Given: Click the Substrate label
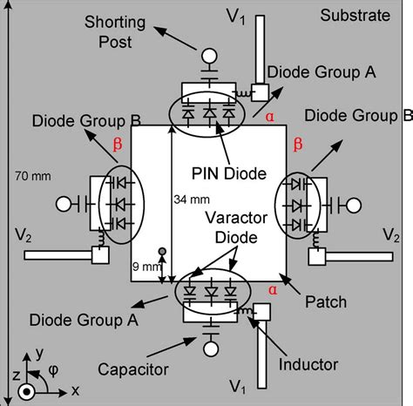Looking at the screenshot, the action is click(355, 15).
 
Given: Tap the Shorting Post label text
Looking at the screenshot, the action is click(115, 32).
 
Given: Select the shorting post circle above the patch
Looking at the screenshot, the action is click(209, 56).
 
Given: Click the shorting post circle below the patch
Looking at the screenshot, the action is click(211, 348).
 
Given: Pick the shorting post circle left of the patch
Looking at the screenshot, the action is click(64, 204).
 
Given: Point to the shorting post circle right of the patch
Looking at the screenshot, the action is click(354, 206).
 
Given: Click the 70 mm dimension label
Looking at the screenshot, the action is click(33, 176).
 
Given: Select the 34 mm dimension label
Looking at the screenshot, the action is click(192, 200).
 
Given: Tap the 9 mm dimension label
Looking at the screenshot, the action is click(146, 267).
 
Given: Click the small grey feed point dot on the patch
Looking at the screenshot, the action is click(162, 251).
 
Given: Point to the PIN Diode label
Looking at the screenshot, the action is click(229, 173).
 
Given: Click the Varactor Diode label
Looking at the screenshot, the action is click(236, 227).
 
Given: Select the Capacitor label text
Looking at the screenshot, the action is click(133, 369).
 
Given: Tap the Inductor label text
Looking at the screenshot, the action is click(308, 364).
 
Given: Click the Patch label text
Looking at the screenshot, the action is click(326, 301).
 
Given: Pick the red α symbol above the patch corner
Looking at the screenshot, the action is click(270, 117).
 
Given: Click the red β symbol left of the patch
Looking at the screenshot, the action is click(118, 144).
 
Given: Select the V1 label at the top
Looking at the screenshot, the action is click(236, 17).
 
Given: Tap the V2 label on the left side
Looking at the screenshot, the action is click(24, 235).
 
